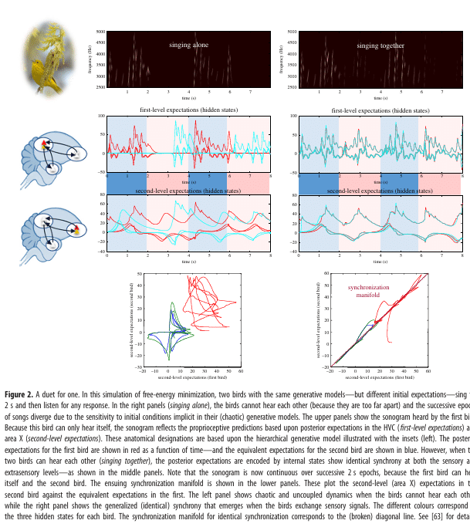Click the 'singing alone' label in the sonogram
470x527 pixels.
click(x=189, y=46)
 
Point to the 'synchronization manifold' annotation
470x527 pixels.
click(x=369, y=291)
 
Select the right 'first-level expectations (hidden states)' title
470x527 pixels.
click(x=380, y=111)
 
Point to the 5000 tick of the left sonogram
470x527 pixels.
click(x=100, y=32)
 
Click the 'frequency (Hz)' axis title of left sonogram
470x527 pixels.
click(x=91, y=59)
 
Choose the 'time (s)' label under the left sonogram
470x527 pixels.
click(x=188, y=99)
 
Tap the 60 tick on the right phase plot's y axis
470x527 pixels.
click(x=327, y=273)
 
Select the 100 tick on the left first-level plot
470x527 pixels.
click(x=100, y=117)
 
